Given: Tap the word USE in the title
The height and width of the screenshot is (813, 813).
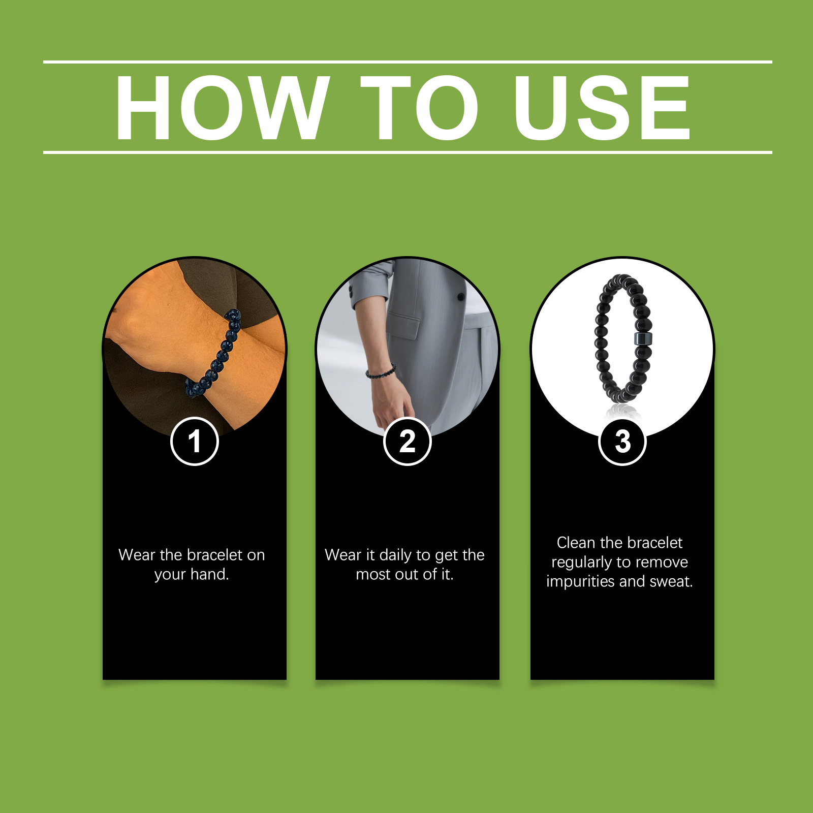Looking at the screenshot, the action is [x=602, y=107].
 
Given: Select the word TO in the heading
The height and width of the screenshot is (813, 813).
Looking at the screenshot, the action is [x=420, y=107].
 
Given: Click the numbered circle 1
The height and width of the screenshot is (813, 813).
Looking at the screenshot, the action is [x=195, y=441].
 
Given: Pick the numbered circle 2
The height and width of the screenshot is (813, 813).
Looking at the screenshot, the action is [x=407, y=441].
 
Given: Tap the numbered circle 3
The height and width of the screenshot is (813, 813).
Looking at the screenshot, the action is [x=622, y=441].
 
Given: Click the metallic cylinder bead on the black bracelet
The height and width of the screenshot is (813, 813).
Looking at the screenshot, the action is [x=643, y=339].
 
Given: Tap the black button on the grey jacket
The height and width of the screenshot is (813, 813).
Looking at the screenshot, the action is [x=461, y=296].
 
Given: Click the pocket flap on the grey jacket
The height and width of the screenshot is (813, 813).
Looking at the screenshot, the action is [x=404, y=325].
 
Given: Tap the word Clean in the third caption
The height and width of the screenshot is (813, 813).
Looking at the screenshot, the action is [x=576, y=543].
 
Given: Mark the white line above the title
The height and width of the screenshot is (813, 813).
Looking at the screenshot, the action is [x=408, y=62].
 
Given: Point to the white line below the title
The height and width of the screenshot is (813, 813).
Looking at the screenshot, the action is [x=408, y=152].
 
